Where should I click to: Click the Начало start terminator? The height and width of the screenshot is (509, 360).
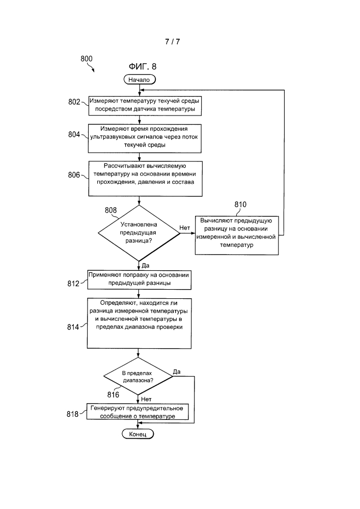click(x=140, y=79)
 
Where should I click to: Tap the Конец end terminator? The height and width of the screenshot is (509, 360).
click(x=137, y=434)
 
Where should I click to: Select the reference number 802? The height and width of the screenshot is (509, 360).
click(x=74, y=102)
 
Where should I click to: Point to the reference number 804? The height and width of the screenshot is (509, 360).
click(x=74, y=134)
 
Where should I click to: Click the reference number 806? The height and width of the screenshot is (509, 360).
click(x=74, y=175)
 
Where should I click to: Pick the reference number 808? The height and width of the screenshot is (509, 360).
click(x=110, y=210)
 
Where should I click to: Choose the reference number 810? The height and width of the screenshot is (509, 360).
click(x=240, y=205)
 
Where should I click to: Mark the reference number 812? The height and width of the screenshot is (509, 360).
click(x=73, y=284)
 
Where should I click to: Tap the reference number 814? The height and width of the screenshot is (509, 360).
click(x=73, y=327)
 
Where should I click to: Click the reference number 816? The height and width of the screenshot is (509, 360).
click(x=113, y=395)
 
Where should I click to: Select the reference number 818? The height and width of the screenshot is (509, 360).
click(x=73, y=414)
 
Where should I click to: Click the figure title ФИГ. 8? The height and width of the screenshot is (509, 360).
click(x=143, y=67)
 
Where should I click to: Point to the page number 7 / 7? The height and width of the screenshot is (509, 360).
click(x=173, y=42)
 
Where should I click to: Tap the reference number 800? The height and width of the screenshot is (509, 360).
click(x=87, y=59)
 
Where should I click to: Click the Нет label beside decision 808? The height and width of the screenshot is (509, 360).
click(x=185, y=228)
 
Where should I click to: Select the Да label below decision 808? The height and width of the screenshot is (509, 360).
click(x=146, y=266)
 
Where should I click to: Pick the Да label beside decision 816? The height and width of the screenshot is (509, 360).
click(x=177, y=372)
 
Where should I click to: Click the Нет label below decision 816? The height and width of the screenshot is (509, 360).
click(x=146, y=399)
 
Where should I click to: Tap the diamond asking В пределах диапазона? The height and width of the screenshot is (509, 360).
click(x=138, y=377)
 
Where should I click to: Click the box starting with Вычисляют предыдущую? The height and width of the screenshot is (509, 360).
click(x=237, y=235)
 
